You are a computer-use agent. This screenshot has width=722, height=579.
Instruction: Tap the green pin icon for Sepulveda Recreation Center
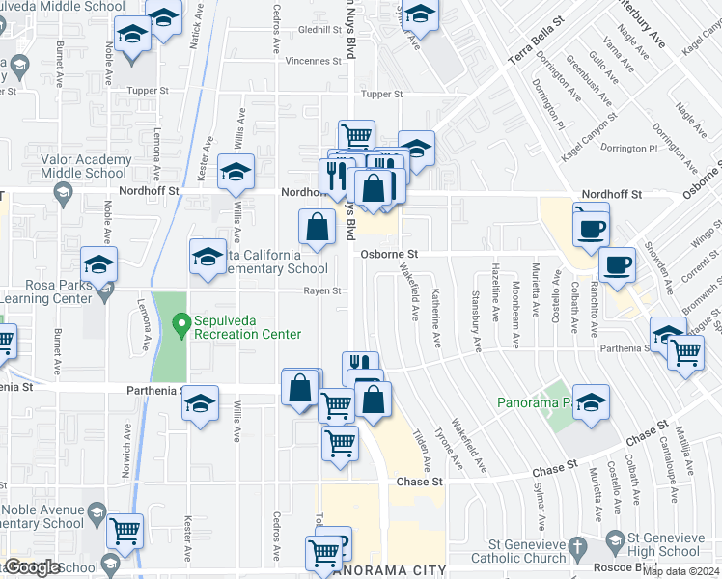179,322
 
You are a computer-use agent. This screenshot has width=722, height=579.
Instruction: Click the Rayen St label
322,290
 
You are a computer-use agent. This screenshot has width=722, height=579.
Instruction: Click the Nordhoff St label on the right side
616,194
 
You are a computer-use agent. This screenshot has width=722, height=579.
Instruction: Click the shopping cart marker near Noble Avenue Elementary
125,530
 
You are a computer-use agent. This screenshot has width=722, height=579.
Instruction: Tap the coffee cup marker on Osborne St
617,263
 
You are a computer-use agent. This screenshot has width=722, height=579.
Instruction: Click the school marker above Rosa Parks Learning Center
98,263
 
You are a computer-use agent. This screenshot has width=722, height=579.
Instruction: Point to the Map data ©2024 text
680,570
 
